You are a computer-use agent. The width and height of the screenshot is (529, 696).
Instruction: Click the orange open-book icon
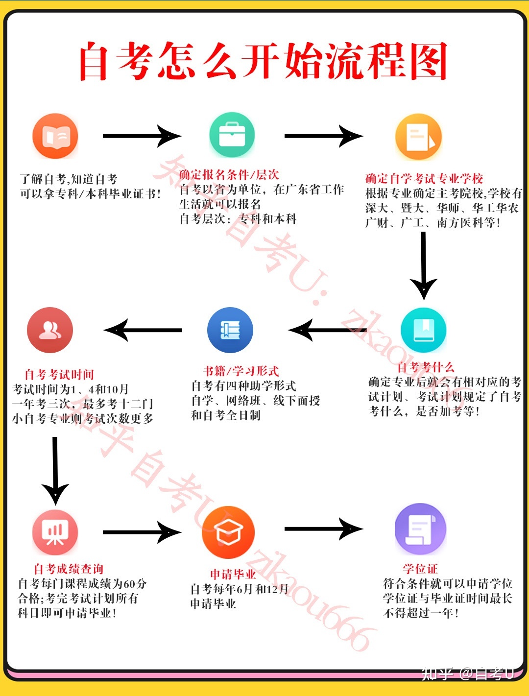point(55,136)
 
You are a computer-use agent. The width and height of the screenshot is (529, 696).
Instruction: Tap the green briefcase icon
point(232,135)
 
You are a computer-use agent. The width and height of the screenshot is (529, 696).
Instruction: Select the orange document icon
point(418,137)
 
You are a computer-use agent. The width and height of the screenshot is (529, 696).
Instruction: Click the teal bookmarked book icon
point(424,330)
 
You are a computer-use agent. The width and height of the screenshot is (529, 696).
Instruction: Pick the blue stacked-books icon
point(230,330)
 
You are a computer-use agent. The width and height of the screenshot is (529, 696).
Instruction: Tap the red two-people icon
point(50,330)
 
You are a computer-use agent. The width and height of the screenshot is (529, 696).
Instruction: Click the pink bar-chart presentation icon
point(55,532)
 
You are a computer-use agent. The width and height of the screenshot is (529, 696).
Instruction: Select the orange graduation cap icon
point(228,532)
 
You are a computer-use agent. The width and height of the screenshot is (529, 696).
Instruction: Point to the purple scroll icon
point(420,529)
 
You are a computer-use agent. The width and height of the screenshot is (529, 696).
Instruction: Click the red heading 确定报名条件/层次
point(229,174)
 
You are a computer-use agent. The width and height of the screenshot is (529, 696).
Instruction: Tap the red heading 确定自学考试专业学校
point(424,178)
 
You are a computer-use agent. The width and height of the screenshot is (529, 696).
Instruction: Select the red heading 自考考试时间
point(59,375)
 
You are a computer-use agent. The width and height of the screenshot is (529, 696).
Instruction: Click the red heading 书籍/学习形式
point(241,371)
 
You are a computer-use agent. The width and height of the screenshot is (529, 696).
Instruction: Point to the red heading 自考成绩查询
point(69,569)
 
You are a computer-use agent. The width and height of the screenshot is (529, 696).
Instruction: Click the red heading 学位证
point(420,569)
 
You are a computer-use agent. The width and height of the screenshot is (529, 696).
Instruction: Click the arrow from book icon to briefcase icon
point(142,136)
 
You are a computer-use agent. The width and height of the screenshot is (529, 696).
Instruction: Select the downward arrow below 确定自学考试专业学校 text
point(424,266)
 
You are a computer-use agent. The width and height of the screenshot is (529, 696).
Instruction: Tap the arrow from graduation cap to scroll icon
point(324,529)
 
